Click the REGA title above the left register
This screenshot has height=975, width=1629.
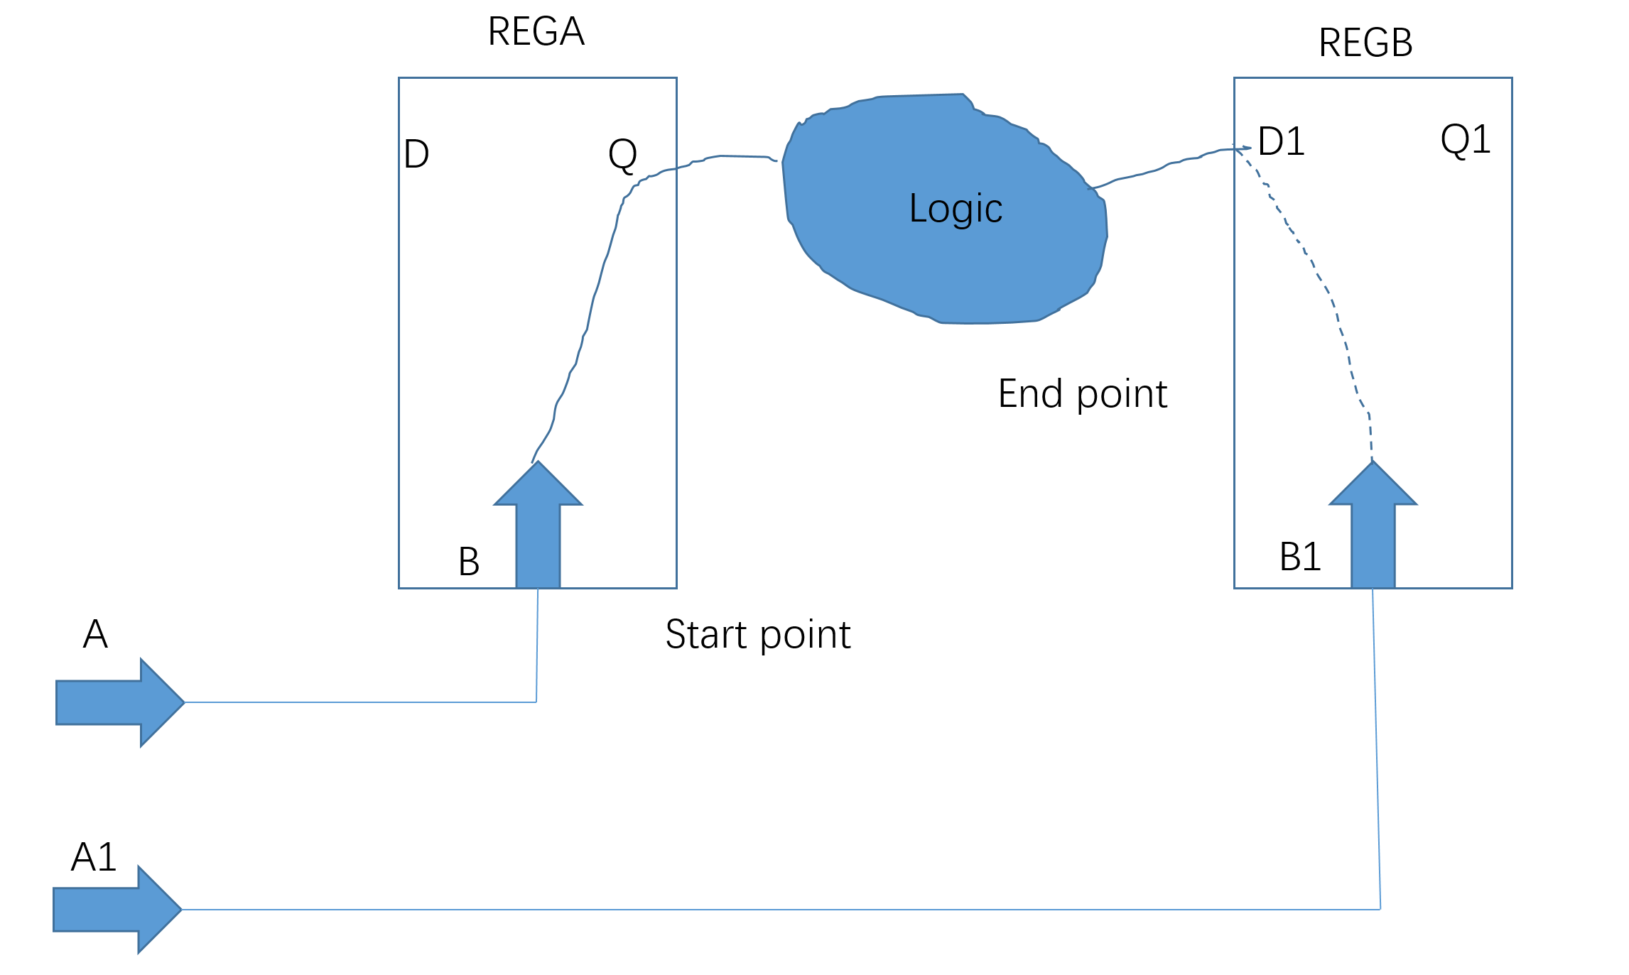(x=536, y=32)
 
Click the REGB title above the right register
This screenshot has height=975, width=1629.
(x=1365, y=43)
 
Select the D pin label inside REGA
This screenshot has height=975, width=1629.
(x=416, y=154)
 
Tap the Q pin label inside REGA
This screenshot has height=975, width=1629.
(x=622, y=155)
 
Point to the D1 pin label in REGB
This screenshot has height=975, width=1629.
(x=1281, y=141)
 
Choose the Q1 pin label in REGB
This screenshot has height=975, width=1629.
(x=1465, y=140)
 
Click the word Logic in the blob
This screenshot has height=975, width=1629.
(x=955, y=209)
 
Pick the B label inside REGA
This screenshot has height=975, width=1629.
(x=469, y=562)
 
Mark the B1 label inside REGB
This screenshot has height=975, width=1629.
(x=1299, y=557)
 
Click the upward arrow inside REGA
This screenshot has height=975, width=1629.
(x=538, y=525)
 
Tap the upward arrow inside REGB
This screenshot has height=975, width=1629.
(x=1373, y=525)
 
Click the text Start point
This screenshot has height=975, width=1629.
(x=757, y=635)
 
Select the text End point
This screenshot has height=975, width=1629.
(x=1082, y=394)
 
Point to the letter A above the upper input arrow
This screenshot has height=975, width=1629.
(x=95, y=634)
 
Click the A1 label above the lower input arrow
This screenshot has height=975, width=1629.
(x=94, y=857)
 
